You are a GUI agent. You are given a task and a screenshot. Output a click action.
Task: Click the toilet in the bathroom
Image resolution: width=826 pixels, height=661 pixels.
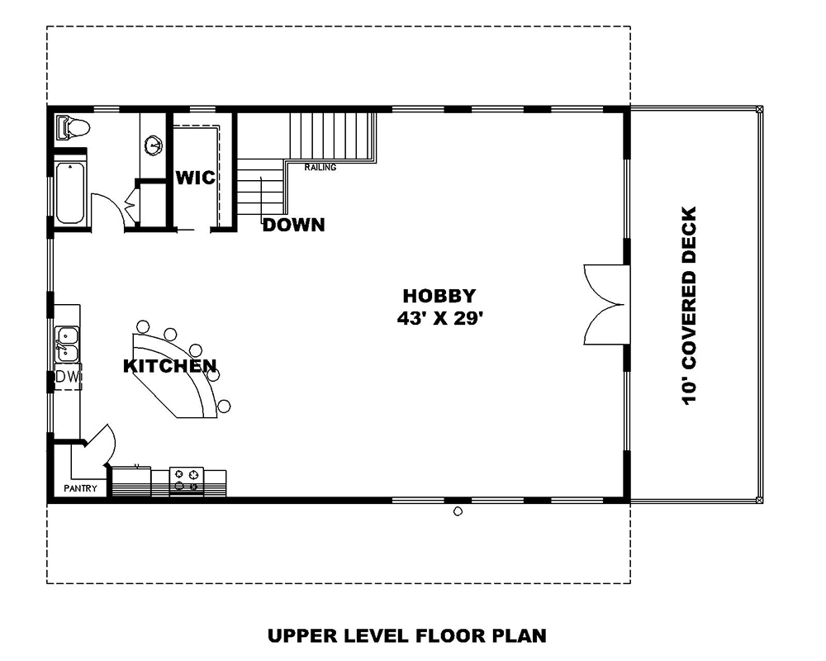point(73,128)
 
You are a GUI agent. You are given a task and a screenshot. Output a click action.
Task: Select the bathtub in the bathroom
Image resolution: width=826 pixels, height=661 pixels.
point(70,193)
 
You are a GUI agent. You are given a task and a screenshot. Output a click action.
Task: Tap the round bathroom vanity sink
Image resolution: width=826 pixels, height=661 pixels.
point(153,146)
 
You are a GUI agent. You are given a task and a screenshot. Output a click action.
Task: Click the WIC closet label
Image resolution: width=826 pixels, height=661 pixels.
point(195,178)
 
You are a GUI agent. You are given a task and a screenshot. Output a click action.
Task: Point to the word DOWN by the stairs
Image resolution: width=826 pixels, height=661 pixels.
point(293,225)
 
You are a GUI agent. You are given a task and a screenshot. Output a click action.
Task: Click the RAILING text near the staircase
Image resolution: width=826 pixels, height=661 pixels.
point(320,168)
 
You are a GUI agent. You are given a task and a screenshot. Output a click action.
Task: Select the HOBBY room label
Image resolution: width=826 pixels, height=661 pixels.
point(438,296)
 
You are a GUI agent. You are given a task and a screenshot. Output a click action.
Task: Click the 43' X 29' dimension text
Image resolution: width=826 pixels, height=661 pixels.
point(438,319)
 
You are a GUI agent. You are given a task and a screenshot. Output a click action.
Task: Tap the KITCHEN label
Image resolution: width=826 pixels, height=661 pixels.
point(170,365)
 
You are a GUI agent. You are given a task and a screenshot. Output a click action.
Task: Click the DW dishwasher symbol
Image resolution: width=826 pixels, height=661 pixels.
point(67,377)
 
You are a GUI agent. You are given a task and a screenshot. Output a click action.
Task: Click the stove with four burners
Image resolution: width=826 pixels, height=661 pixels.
point(186,479)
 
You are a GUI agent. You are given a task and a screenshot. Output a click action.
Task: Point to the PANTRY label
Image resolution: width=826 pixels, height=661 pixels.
point(81,488)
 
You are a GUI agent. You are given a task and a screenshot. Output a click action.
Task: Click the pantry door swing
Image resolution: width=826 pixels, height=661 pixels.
point(99,446)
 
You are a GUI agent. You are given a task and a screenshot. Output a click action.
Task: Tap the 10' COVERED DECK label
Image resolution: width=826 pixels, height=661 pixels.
point(690,306)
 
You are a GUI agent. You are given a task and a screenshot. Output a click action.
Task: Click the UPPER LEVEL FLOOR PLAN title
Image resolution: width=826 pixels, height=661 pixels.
point(406,635)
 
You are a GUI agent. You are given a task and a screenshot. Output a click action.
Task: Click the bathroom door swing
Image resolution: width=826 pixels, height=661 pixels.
point(107,211)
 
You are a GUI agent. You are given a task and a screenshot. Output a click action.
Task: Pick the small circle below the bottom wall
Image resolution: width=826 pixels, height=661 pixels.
point(458,511)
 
